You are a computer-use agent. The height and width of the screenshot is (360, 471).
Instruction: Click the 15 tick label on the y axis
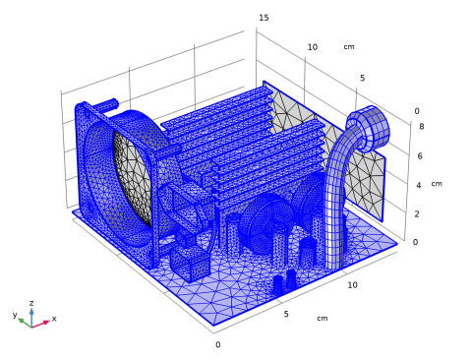(264, 18)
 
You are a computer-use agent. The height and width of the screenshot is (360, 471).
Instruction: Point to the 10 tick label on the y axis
(313, 47)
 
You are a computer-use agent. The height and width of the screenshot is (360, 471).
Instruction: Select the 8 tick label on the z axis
(422, 126)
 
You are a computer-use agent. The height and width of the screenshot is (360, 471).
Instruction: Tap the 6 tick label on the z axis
(420, 155)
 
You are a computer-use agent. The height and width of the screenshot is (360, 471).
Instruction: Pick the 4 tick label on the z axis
(419, 185)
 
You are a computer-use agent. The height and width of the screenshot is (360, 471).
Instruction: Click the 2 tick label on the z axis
(417, 214)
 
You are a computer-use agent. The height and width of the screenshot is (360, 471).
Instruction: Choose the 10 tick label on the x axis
(352, 285)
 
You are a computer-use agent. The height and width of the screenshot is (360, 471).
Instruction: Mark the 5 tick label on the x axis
(286, 314)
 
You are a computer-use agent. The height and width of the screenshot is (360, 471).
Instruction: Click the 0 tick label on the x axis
(218, 344)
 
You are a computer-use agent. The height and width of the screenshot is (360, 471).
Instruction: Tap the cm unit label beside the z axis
(437, 184)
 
